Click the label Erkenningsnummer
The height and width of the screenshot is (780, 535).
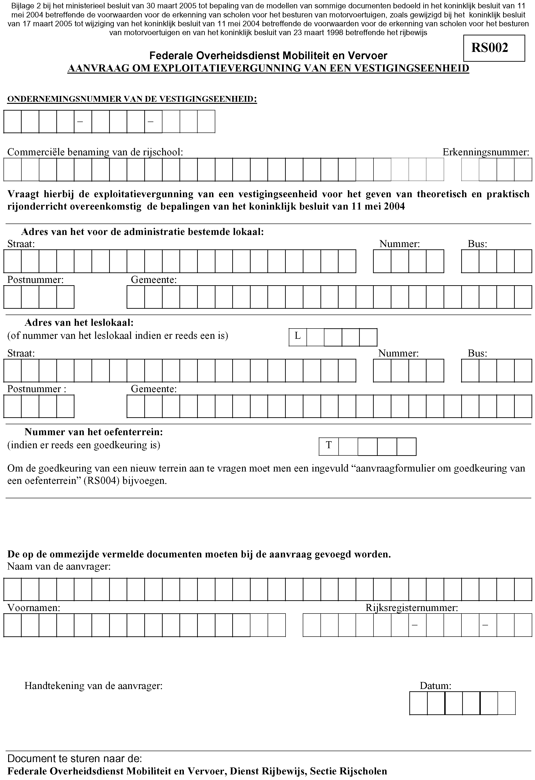point(486,152)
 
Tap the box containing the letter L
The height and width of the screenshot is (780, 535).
point(298,337)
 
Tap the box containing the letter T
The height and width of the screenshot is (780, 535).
point(329,446)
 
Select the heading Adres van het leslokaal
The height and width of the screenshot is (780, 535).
point(79,323)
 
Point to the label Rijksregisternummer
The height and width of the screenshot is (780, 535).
point(412,607)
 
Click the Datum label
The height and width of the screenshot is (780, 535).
point(435,686)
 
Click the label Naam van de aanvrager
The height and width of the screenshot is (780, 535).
point(59,566)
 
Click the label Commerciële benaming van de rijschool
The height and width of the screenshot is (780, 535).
point(95,152)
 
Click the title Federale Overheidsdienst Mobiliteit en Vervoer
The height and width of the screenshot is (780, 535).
point(268,55)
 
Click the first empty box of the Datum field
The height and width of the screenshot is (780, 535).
point(418,703)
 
